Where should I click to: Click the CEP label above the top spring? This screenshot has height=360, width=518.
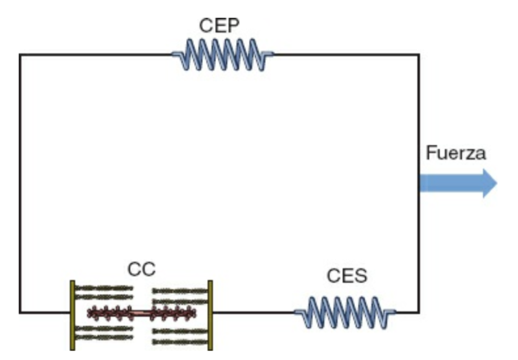(219, 26)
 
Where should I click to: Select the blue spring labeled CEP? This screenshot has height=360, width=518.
(222, 54)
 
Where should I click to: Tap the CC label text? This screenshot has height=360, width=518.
(141, 270)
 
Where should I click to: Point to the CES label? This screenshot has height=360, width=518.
(347, 276)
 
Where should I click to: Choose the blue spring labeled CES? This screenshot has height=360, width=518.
(345, 312)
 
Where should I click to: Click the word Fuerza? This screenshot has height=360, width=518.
(456, 154)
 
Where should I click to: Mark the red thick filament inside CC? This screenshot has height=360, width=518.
(141, 313)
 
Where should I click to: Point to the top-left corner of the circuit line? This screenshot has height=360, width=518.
(20, 54)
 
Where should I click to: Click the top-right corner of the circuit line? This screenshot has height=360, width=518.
(419, 54)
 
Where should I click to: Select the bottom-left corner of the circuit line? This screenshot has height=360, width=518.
(20, 312)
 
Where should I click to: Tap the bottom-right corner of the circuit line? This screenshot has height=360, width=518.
(419, 312)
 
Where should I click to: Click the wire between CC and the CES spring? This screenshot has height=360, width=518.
(252, 312)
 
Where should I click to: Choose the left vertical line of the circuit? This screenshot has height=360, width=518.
(20, 183)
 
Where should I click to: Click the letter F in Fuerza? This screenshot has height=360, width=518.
(430, 154)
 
